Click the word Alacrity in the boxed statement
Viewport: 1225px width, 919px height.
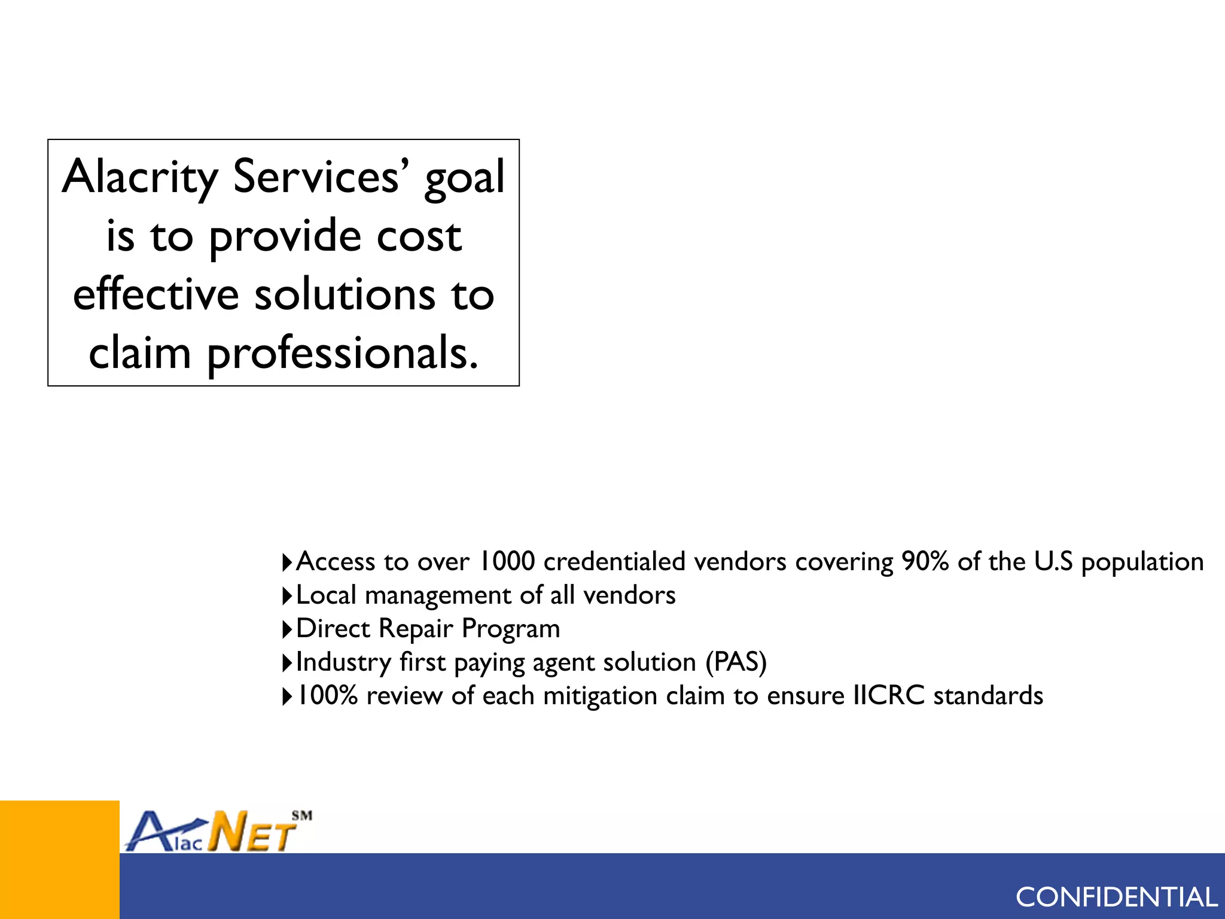140,178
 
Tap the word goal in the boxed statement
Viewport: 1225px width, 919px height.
464,178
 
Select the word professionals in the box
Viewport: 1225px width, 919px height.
342,354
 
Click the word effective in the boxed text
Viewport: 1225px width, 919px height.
156,295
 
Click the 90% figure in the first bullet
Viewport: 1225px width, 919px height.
925,561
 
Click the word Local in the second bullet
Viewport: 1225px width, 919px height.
326,595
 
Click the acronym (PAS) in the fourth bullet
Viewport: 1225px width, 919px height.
736,662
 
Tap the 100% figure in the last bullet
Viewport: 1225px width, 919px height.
327,696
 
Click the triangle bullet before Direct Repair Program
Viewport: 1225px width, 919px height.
287,629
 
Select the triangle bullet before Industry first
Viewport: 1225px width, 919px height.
287,663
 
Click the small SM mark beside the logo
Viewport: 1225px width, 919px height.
302,815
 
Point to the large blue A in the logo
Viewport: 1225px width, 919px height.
147,832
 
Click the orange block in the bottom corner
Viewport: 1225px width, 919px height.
59,859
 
